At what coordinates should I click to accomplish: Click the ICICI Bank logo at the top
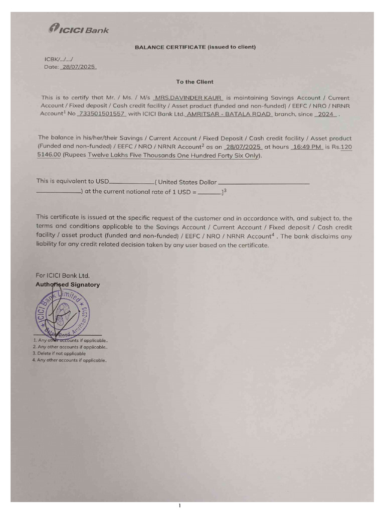point(79,30)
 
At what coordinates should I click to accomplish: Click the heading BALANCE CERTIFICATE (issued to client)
point(195,47)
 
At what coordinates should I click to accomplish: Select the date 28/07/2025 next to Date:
point(78,67)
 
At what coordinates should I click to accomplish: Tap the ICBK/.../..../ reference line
point(59,59)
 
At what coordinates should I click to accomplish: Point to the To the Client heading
point(195,82)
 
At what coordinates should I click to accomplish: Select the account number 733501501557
point(101,114)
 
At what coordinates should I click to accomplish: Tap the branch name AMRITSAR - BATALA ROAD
point(229,114)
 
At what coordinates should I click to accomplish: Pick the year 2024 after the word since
point(326,114)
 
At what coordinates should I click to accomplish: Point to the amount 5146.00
point(49,155)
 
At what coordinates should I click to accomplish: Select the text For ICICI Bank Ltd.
point(63,275)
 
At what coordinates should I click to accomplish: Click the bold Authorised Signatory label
point(67,285)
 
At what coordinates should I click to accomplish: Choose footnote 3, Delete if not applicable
point(59,353)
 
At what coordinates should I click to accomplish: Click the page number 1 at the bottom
point(179,506)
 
